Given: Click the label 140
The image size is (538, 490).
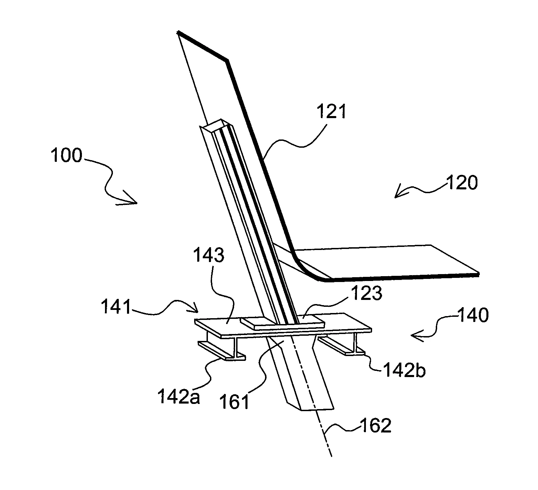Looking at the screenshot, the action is coord(473,315).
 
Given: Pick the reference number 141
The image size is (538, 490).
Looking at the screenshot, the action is coord(116,307).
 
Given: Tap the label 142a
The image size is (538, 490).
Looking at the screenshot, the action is coord(179,397).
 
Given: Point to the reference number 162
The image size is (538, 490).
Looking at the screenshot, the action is coord(376,426).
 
